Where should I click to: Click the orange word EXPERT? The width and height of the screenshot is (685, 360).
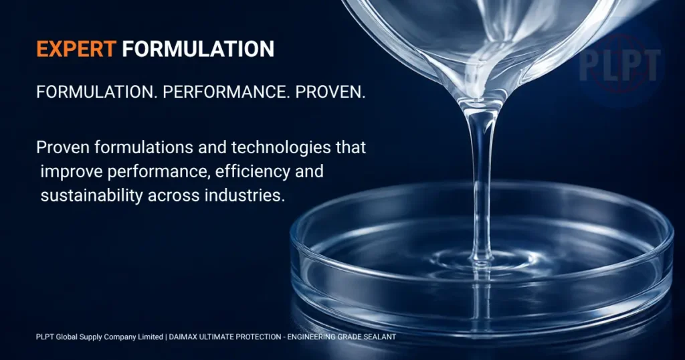tap(76, 49)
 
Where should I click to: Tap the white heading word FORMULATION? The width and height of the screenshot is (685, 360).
tap(198, 49)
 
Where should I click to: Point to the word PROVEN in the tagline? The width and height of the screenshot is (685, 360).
tap(330, 92)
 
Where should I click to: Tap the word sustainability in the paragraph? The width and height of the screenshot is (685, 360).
tap(92, 195)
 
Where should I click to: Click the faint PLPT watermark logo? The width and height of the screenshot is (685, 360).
tap(619, 66)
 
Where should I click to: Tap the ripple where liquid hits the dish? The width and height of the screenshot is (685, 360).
tap(481, 261)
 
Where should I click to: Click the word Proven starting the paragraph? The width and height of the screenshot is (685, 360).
tap(63, 148)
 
